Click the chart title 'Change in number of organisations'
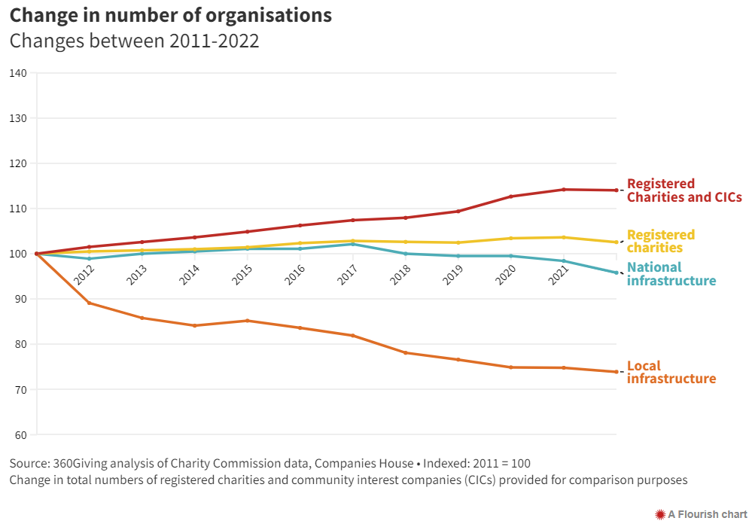coord(170,15)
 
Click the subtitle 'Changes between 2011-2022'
coord(134,41)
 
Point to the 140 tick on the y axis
coord(18,73)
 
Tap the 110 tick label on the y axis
coord(18,209)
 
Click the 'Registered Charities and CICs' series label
coord(683,190)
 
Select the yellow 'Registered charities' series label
coord(660,241)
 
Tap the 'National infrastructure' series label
coord(671,274)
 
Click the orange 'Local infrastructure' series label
coord(671,372)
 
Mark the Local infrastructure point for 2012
coord(90,303)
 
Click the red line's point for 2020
coord(511,196)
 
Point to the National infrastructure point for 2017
coord(353,244)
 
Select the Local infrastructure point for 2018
coord(406,352)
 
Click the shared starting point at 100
coord(36,254)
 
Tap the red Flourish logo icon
coord(660,514)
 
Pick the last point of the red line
coord(616,190)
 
